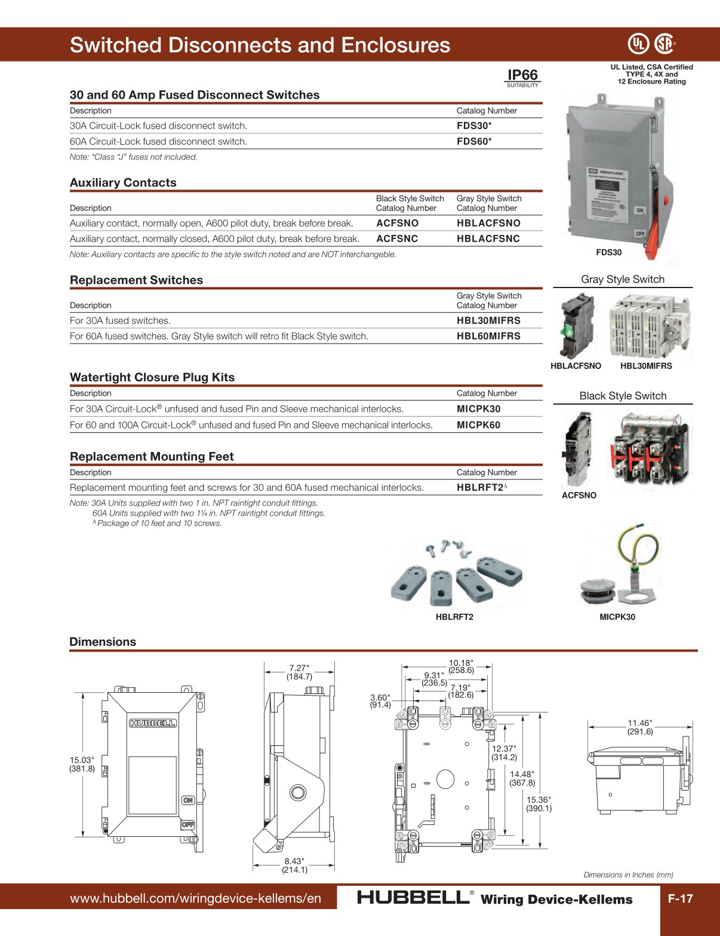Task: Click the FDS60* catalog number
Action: tap(474, 142)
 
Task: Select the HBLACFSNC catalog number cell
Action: tap(488, 238)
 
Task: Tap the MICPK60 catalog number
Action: tap(478, 425)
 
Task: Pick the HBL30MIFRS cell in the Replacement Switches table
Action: tap(488, 321)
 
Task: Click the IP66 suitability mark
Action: tap(522, 77)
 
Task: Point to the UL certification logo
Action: tap(638, 44)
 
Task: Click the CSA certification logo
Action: tap(664, 44)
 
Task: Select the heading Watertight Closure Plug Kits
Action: tap(152, 378)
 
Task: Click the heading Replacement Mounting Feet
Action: tap(152, 457)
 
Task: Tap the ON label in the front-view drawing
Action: tap(188, 800)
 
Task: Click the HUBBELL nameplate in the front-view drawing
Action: tap(153, 723)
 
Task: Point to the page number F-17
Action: tap(680, 898)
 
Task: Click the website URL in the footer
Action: tap(195, 898)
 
